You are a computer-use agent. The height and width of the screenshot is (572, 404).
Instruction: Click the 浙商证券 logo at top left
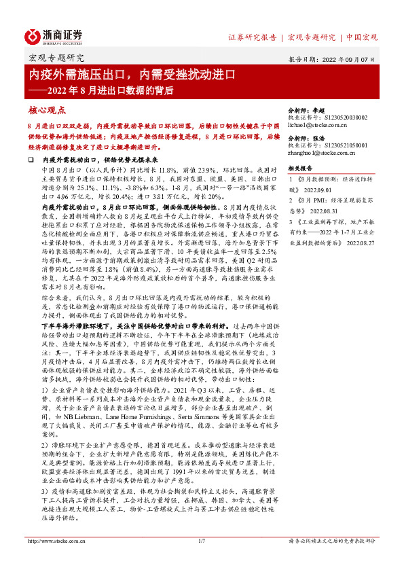(x=55, y=37)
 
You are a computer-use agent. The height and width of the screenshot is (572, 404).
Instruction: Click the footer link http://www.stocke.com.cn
(x=53, y=560)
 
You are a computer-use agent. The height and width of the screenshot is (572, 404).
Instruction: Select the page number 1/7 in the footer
(x=201, y=560)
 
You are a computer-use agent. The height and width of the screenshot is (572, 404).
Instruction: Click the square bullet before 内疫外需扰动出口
(x=31, y=158)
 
